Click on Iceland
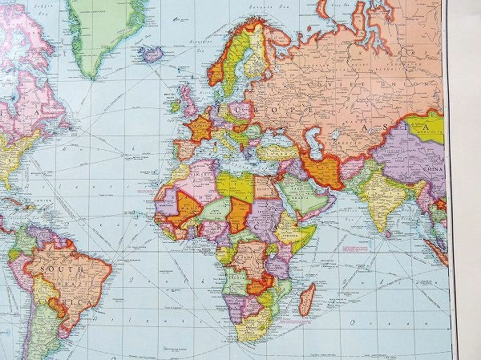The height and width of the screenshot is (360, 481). pos(151,54)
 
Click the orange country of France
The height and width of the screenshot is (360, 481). pos(198,128)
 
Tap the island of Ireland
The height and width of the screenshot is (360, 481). pos(176,105)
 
